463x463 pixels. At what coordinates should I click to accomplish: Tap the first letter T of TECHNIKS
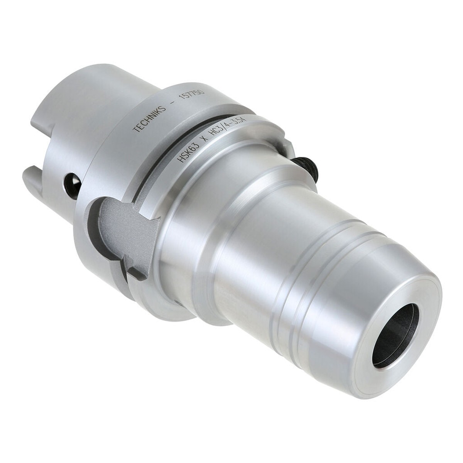tap(135, 130)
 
